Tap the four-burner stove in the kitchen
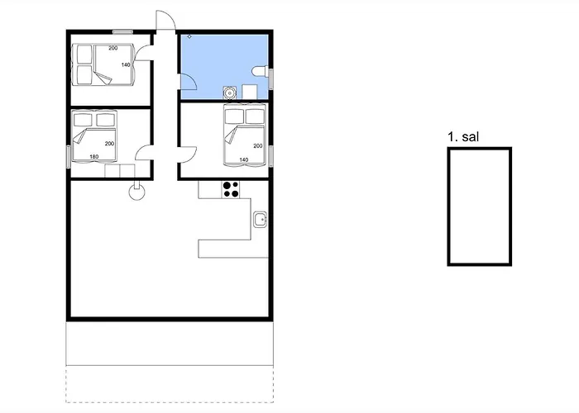point(231,189)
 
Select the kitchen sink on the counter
point(260,219)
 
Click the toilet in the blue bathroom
point(260,72)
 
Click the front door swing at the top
point(165,21)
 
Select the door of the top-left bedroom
point(143,52)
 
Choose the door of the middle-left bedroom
point(143,154)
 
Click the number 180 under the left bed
point(93,157)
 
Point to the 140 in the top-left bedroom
point(126,64)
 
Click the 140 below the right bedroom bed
point(244,159)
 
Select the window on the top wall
point(123,31)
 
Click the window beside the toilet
point(270,75)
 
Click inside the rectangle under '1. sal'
point(479,206)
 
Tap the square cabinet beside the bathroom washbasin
point(250,93)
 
